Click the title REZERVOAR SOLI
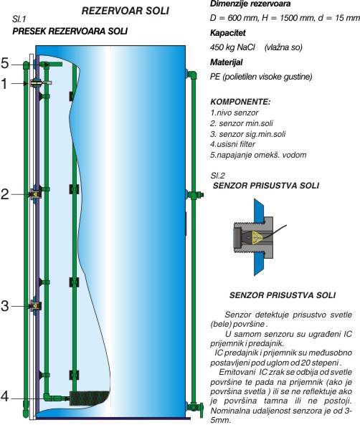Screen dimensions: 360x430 [x=125, y=11]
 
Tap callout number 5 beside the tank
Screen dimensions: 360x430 [x=5, y=63]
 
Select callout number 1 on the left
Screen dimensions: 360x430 [x=4, y=84]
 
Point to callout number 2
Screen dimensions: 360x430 [x=5, y=194]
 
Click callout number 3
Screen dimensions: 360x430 [x=5, y=306]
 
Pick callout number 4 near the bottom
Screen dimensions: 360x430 [x=5, y=396]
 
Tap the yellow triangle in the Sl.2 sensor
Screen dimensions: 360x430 [x=257, y=237]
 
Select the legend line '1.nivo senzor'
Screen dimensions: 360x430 [x=235, y=113]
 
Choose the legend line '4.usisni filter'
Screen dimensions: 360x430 [x=232, y=144]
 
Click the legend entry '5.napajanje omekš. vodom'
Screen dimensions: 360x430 [x=258, y=155]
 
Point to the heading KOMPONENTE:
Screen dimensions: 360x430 [x=240, y=102]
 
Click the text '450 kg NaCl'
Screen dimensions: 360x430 [x=232, y=47]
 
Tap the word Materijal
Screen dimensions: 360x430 [x=227, y=62]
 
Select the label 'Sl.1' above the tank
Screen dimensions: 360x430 [x=19, y=19]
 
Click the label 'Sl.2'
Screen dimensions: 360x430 [x=218, y=176]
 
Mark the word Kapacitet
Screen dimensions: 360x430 [x=228, y=33]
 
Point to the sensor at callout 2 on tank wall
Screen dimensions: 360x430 [x=35, y=194]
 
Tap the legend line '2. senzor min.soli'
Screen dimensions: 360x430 [x=242, y=123]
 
